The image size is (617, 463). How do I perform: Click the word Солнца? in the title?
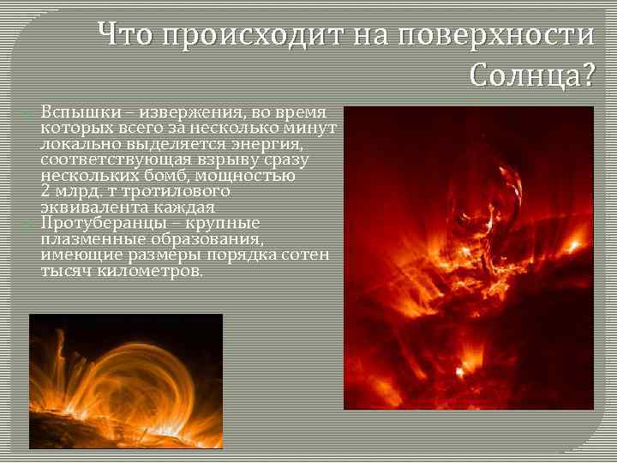click(x=531, y=76)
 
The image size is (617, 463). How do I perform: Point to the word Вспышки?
click(x=75, y=113)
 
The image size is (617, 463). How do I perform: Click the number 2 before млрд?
click(x=45, y=191)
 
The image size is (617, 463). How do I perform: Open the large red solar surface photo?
click(x=468, y=257)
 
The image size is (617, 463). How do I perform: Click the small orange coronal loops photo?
click(x=125, y=381)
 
